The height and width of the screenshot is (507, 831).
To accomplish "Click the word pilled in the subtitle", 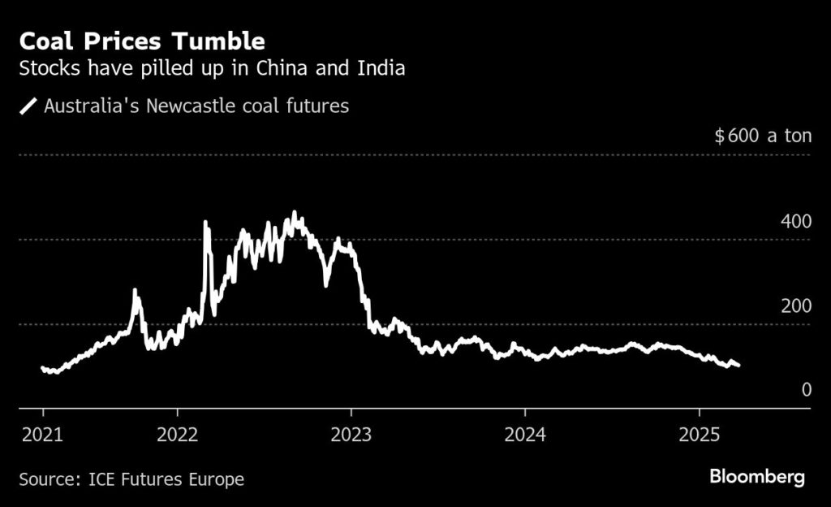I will [x=168, y=68].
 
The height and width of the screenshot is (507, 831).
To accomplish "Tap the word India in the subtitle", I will [x=381, y=68].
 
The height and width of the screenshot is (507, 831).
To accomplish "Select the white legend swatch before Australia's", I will [x=29, y=106].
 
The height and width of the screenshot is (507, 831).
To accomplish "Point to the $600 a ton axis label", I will [x=763, y=136].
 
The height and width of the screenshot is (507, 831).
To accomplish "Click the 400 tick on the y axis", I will [x=795, y=222].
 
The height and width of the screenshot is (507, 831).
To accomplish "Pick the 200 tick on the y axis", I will [x=795, y=306].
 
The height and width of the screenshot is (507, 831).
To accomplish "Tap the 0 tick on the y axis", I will [x=806, y=390].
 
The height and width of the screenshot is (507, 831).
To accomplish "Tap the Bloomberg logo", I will [x=757, y=477].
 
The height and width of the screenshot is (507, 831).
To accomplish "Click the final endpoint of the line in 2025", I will [x=738, y=366].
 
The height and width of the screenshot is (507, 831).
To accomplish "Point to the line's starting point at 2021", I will [x=42, y=368].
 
